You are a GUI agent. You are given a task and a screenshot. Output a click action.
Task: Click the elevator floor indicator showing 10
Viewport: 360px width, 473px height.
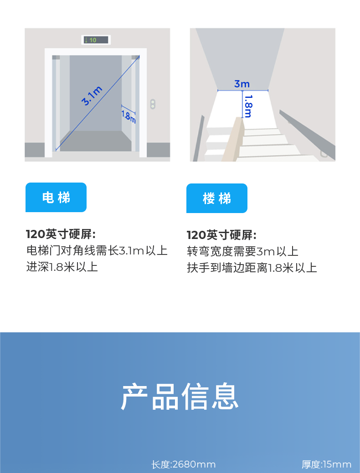[x=96, y=40]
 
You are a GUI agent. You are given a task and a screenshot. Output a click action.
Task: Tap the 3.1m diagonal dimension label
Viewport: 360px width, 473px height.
[x=92, y=96]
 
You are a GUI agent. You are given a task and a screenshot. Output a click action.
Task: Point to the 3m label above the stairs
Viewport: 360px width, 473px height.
[x=242, y=84]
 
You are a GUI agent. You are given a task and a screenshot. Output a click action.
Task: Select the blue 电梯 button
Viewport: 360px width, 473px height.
[x=56, y=198]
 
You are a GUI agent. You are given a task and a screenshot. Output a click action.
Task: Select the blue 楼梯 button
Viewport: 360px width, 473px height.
[x=217, y=198]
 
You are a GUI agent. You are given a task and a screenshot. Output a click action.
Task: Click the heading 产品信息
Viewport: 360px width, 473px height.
[x=180, y=397]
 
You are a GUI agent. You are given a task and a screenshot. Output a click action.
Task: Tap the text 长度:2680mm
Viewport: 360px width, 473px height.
[x=184, y=464]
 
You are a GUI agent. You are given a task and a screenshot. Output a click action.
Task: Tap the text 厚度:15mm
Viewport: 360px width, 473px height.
[x=327, y=464]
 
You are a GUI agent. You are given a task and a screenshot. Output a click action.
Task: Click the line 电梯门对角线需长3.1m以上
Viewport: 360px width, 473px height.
[x=97, y=250]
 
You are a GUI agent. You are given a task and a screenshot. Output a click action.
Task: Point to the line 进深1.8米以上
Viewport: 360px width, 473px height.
[x=62, y=266]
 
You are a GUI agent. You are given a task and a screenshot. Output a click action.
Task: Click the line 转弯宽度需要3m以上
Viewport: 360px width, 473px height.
[x=243, y=251]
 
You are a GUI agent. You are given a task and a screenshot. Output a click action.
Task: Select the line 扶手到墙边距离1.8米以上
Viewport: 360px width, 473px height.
[x=252, y=267]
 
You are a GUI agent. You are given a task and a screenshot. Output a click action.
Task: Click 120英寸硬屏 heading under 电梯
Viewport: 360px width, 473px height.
[x=61, y=234]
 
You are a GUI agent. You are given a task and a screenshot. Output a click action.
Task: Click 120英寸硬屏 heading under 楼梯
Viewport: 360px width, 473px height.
[x=221, y=235]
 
